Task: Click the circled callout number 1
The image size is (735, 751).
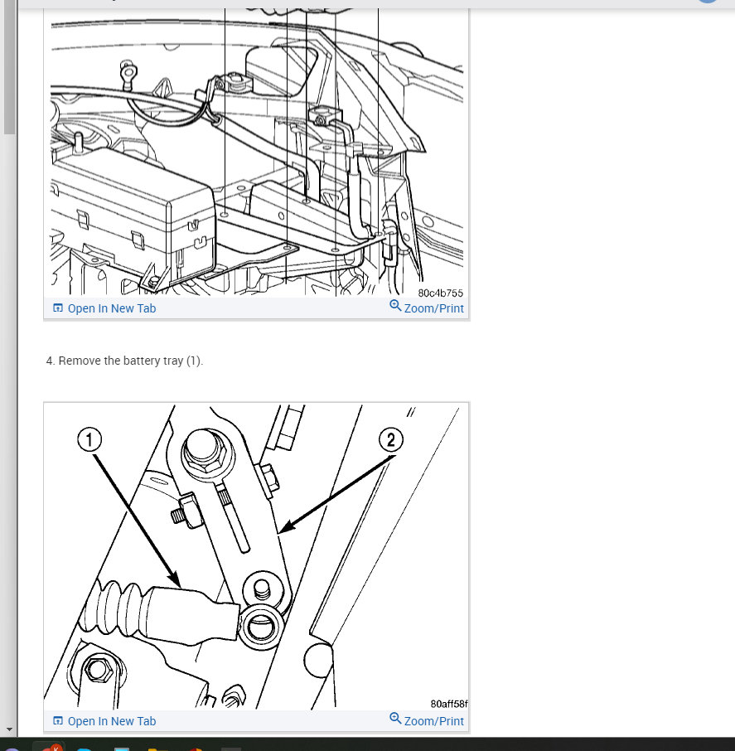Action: click(x=89, y=439)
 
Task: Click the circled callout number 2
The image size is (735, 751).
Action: click(x=391, y=439)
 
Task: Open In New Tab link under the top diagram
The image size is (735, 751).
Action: click(x=112, y=308)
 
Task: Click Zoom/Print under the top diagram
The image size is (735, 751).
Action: click(x=434, y=308)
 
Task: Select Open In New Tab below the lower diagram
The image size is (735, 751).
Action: click(x=112, y=721)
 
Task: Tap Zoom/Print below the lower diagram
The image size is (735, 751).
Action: click(x=434, y=721)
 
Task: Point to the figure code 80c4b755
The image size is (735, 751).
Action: click(x=441, y=293)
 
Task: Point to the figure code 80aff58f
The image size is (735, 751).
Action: click(x=449, y=704)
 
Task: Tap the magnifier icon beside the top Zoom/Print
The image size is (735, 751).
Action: click(x=395, y=306)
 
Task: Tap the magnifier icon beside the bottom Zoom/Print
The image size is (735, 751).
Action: click(x=395, y=719)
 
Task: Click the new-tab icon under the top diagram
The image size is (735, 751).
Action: click(x=57, y=308)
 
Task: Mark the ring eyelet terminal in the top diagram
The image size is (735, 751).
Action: click(x=128, y=73)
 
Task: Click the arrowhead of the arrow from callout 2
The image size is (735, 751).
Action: click(x=284, y=527)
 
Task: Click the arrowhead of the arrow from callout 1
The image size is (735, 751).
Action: click(x=175, y=580)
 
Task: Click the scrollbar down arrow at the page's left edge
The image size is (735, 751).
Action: click(x=9, y=729)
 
